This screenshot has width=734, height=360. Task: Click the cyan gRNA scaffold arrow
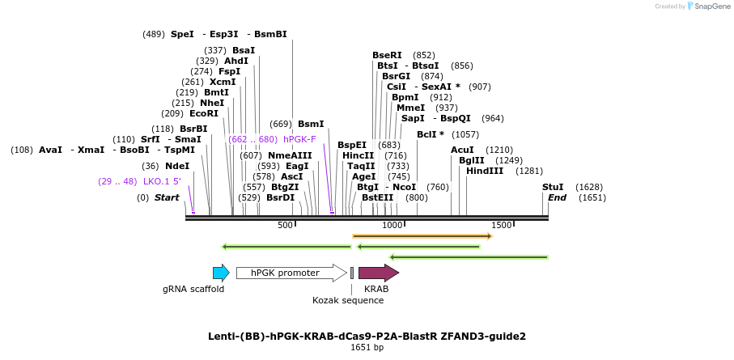point(220,273)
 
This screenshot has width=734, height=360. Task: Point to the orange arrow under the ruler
point(422,236)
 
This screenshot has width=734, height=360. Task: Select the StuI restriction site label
point(553,187)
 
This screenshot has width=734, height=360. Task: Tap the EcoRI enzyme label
point(204,113)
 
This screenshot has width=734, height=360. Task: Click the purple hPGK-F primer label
point(299,139)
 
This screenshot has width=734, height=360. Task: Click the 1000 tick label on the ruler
point(392,225)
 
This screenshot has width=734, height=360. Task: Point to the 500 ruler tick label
point(285,225)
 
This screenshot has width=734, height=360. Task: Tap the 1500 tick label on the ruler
point(501,225)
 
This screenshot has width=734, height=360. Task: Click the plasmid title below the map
point(367,336)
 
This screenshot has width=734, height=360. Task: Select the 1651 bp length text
point(367,348)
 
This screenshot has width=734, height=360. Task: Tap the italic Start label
point(167,197)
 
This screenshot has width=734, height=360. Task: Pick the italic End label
point(557,197)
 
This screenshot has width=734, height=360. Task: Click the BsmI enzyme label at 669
point(311,124)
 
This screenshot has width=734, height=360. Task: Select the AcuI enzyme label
point(462,150)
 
